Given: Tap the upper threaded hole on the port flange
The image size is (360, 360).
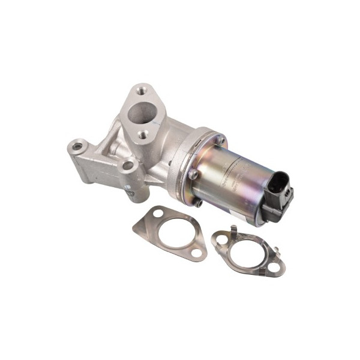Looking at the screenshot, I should coord(142,91).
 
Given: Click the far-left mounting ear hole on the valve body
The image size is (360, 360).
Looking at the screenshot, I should coord(77,145).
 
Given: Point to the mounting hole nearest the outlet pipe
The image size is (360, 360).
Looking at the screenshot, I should coord(127,165).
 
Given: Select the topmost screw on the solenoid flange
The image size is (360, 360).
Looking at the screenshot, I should coord(220,141).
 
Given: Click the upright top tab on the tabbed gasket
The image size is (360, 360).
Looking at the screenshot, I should coord(233,230).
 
